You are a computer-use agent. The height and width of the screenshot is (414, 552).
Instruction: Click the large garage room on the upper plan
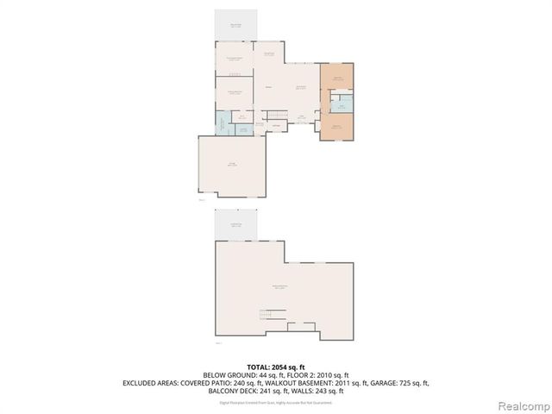tap(231, 166)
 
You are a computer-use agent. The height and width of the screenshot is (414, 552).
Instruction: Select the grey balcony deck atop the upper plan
tap(236, 25)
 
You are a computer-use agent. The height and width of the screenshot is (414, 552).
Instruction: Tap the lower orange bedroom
tap(337, 128)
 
